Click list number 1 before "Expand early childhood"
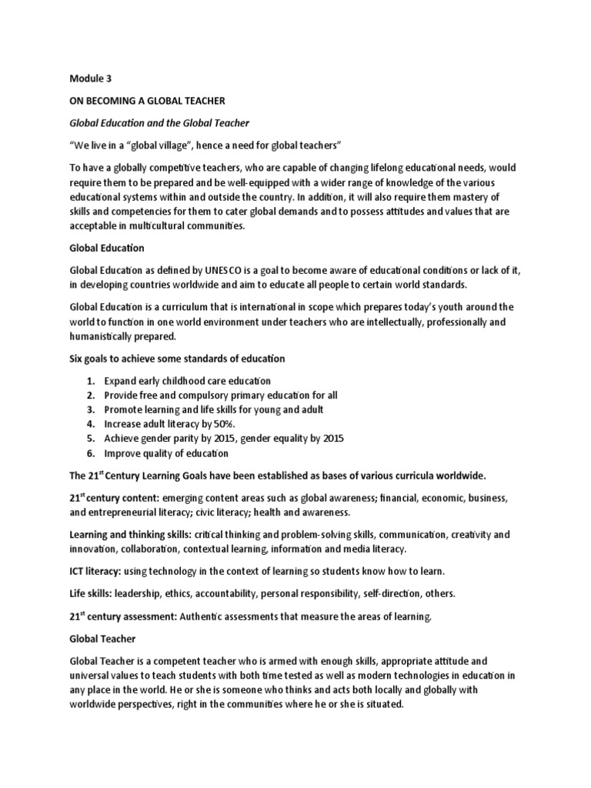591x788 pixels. click(90, 381)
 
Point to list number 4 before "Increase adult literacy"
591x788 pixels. click(90, 424)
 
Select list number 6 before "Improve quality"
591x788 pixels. click(90, 452)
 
